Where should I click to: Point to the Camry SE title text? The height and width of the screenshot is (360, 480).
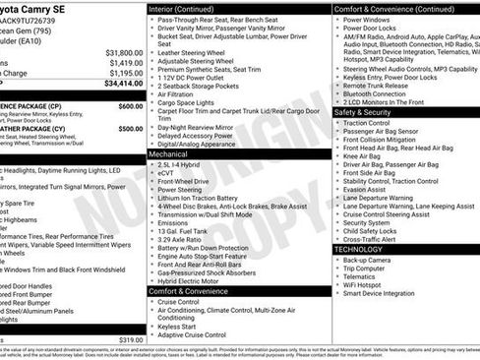(43, 10)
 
